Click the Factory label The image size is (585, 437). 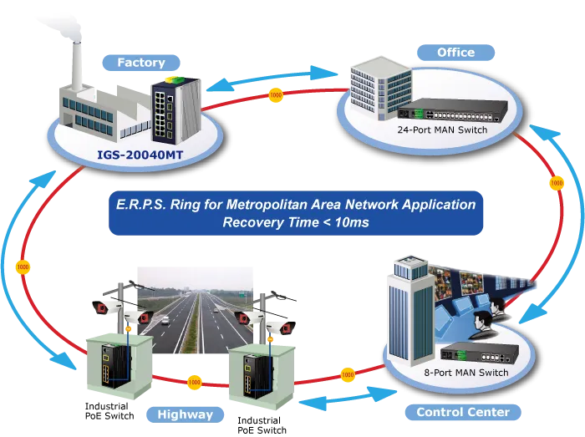[x=141, y=63]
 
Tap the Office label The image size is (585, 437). [x=455, y=53]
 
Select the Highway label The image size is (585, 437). [x=185, y=414]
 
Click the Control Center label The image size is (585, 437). [x=463, y=412]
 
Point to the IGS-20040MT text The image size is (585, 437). [x=140, y=155]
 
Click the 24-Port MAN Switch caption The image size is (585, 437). [x=442, y=130]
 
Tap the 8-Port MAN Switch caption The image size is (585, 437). [x=466, y=373]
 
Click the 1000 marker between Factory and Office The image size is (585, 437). [x=276, y=95]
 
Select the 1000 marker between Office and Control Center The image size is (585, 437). [x=557, y=183]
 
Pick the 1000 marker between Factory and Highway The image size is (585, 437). [x=23, y=267]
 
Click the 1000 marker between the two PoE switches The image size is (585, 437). [x=194, y=382]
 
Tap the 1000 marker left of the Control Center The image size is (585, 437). [x=348, y=374]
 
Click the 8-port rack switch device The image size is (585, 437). [x=480, y=352]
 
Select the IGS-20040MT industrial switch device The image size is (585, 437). [x=175, y=110]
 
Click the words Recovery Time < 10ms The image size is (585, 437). [x=296, y=222]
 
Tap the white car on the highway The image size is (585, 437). [x=165, y=320]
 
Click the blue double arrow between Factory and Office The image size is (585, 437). [x=272, y=79]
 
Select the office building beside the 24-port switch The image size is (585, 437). [x=380, y=88]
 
